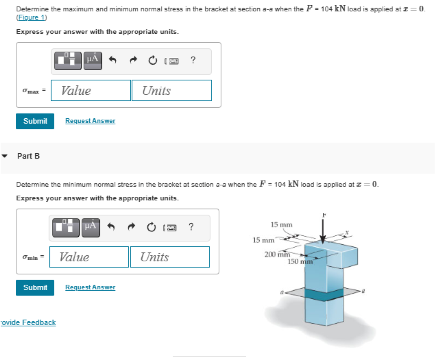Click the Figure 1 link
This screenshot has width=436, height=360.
(32, 17)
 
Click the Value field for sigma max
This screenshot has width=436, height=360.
(91, 91)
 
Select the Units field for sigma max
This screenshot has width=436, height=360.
(172, 91)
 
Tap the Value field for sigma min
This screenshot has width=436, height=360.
(89, 257)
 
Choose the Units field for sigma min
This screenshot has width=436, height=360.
(170, 257)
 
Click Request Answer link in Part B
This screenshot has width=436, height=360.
(90, 287)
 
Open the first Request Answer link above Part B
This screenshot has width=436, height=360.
(90, 121)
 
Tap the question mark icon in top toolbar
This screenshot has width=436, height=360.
(193, 60)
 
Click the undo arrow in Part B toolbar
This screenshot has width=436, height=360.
(112, 227)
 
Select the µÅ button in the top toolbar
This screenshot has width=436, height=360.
(92, 60)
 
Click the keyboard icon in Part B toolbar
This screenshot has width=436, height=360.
(171, 227)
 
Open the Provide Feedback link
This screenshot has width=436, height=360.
(28, 323)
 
